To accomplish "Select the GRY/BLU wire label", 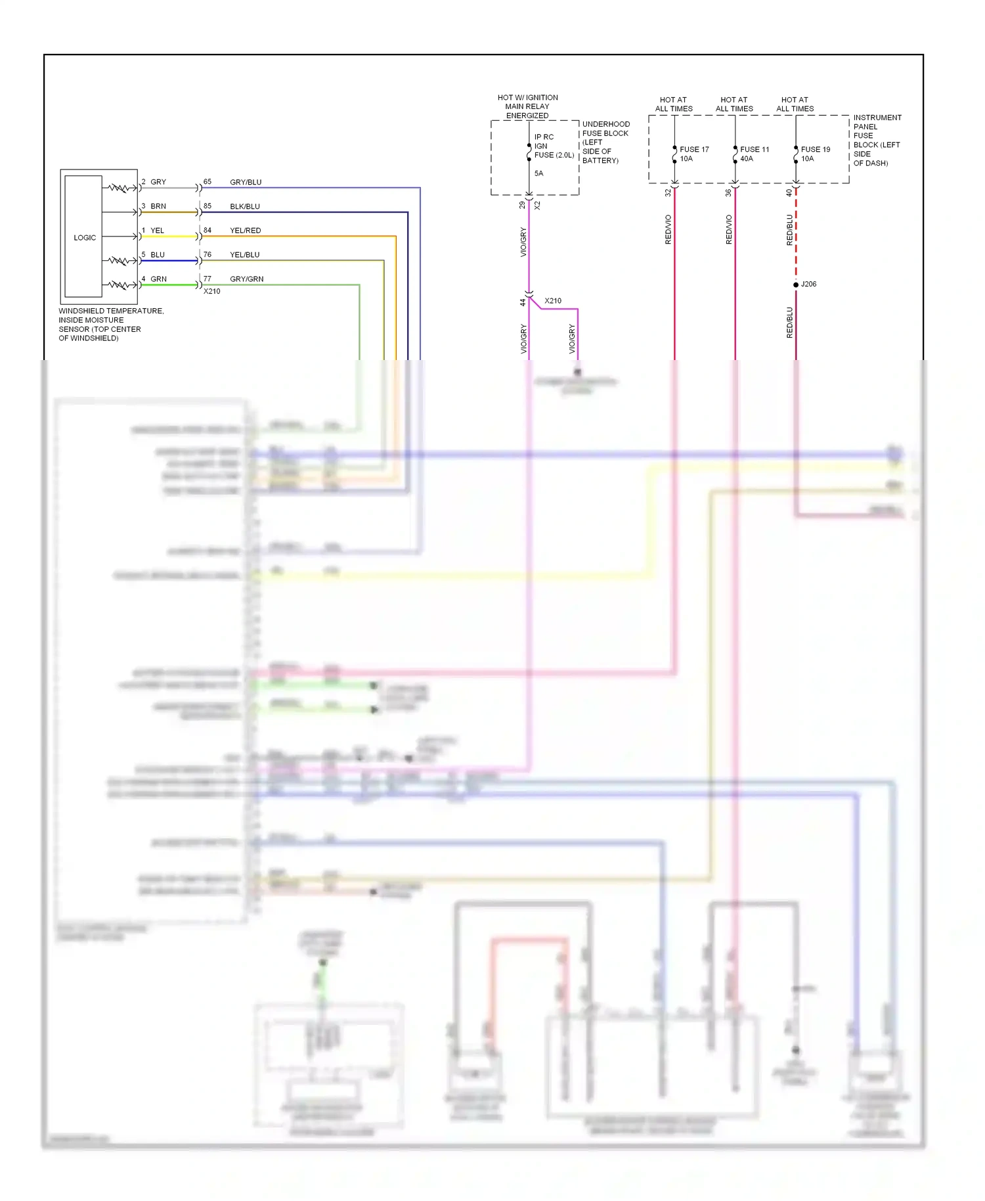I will pos(246,182).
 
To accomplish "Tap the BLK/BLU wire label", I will pos(245,206).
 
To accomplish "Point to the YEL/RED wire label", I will pos(245,231).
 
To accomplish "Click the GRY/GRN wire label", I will pos(246,279).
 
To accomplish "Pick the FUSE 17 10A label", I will pos(693,154).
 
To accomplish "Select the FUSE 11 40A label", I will pos(754,154).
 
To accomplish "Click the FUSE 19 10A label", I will pos(815,154).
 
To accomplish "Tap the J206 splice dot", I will pos(796,284).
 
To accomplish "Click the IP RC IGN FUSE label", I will pos(553,146).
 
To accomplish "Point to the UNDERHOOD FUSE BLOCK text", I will pos(605,142).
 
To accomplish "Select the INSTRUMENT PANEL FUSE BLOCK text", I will pos(877,140).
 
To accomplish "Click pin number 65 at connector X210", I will pos(208,181).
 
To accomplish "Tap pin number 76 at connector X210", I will pos(208,254).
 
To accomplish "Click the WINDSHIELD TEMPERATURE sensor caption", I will pos(110,325).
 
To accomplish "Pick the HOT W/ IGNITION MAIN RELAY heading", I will pos(527,106).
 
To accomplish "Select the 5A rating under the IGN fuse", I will pos(538,173).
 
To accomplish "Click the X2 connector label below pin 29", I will pos(537,205).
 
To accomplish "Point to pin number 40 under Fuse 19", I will pos(789,193).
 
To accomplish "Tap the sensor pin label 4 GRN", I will pos(155,279).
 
